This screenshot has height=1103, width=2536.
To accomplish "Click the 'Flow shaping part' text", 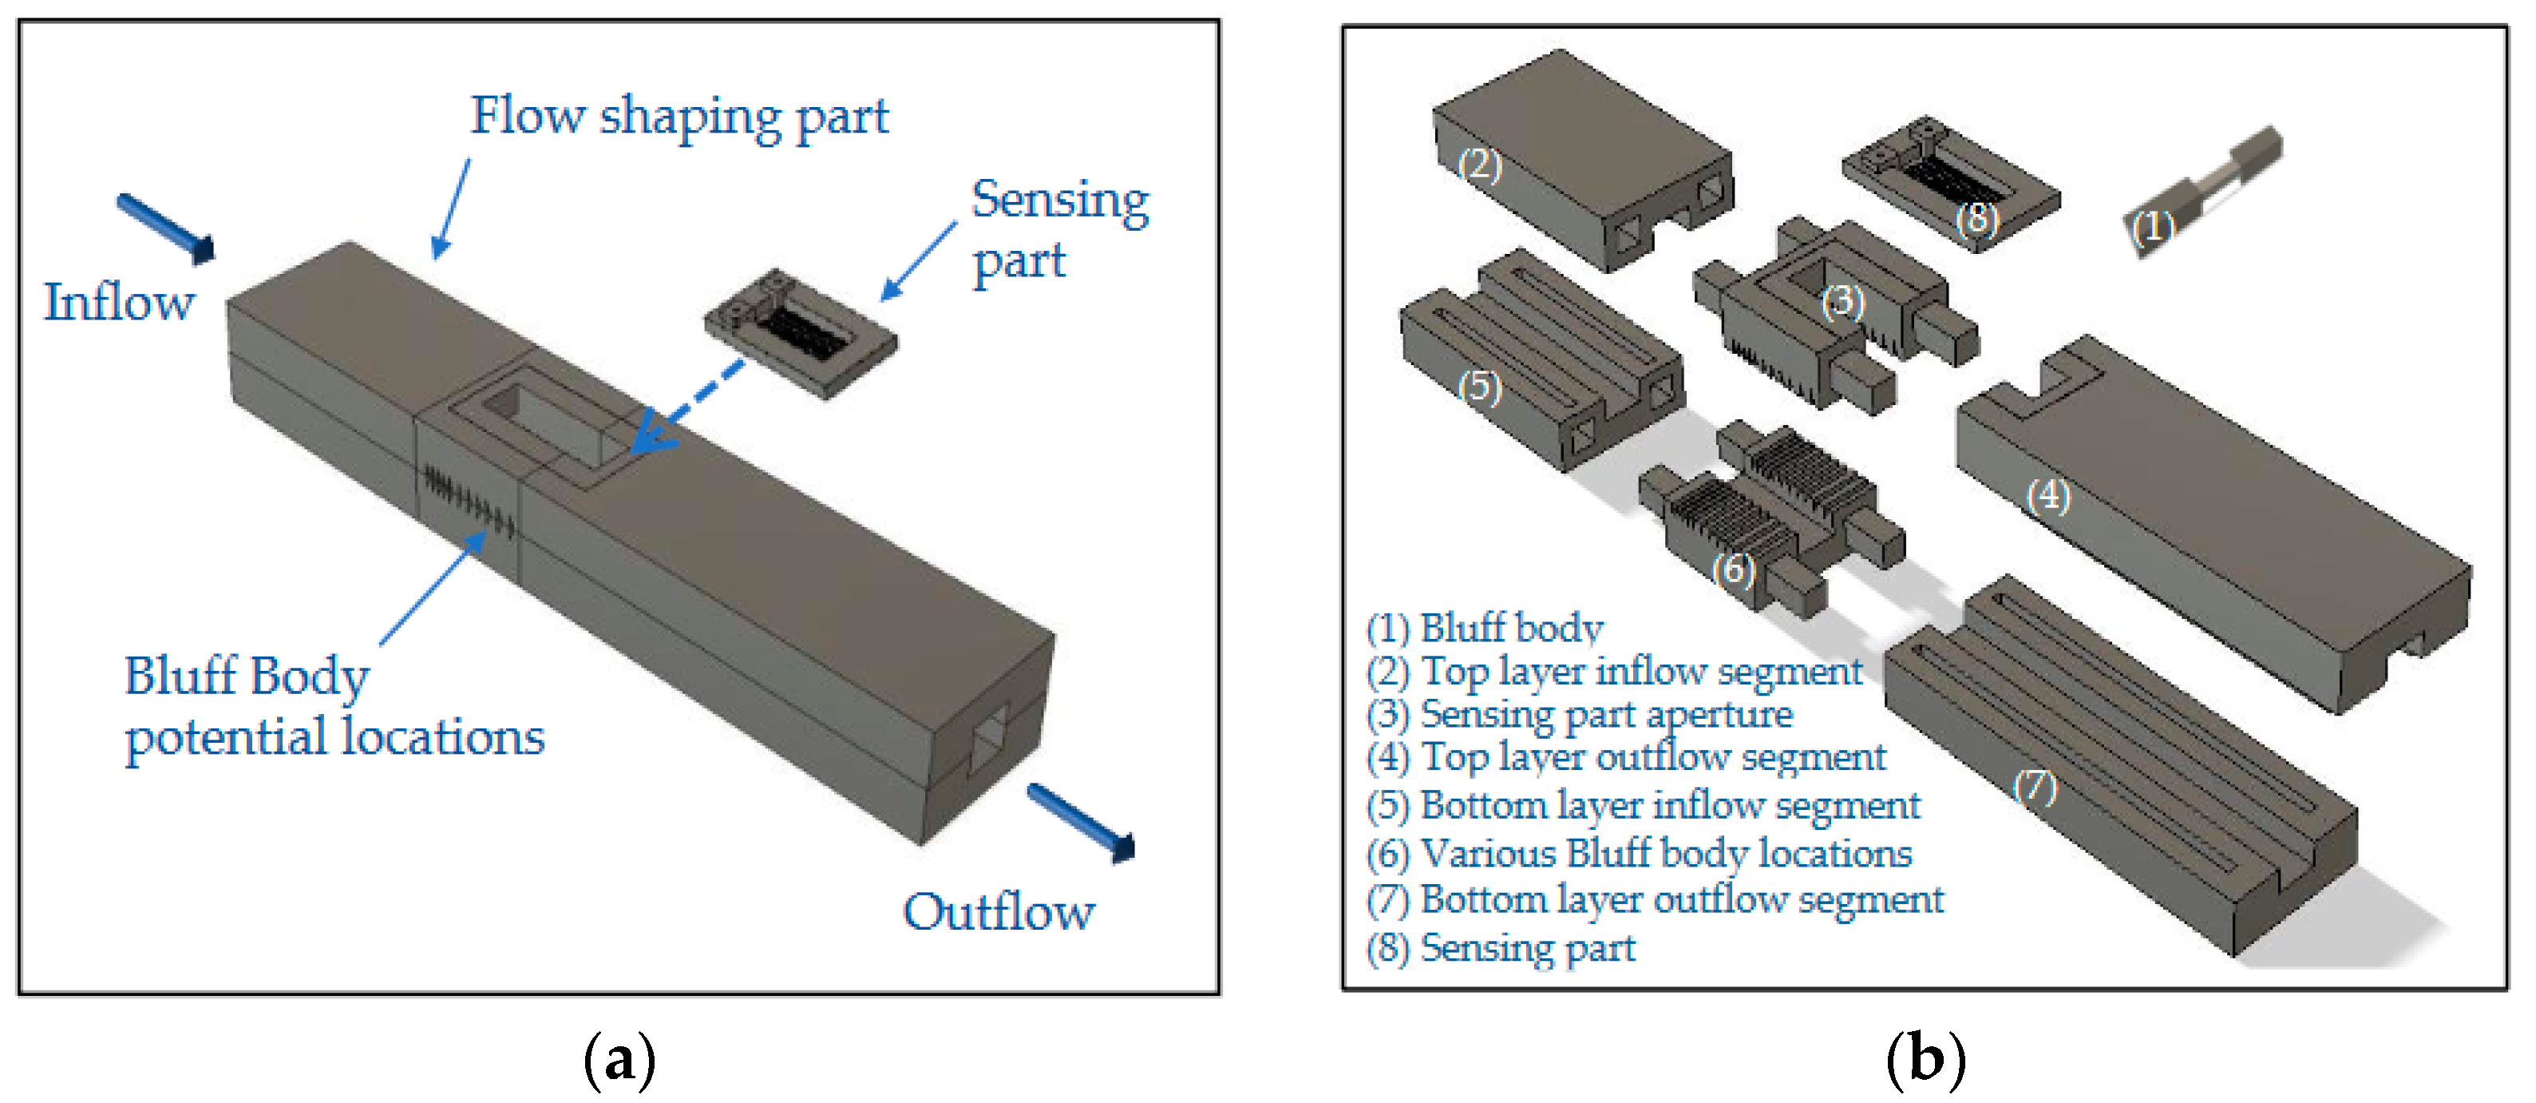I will pos(679,116).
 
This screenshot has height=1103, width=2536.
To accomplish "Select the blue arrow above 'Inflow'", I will pos(164,228).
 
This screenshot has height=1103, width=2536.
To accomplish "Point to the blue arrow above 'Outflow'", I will pos(1081,823).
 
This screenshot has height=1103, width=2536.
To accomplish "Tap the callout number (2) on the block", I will pos(1480,165).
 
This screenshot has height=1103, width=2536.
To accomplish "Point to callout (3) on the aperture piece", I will pos(1842,301).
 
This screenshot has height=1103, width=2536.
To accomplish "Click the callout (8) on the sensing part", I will pos(1976,218).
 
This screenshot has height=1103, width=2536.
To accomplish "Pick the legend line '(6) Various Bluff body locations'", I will pos(1639,853).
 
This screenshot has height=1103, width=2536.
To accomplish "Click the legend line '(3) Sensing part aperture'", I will pos(1579,714).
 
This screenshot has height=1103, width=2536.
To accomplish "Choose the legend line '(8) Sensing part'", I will pos(1501,947).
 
